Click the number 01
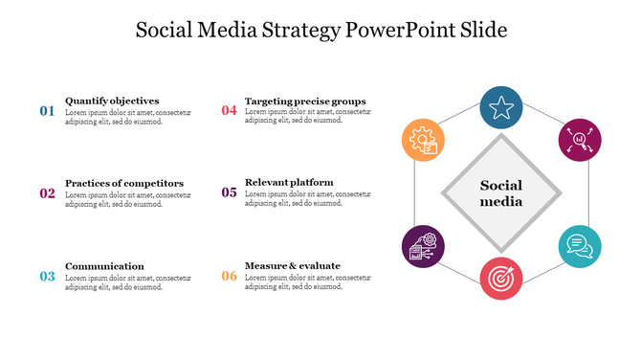click(47, 111)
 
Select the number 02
click(47, 193)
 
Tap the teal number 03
click(47, 277)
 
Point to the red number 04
click(229, 111)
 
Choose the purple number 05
click(229, 193)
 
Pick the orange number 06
click(229, 277)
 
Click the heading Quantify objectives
click(112, 101)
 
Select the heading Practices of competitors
click(124, 183)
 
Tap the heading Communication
click(104, 266)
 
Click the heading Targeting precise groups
click(305, 101)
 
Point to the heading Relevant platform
click(289, 183)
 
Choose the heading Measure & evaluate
click(293, 266)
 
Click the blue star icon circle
click(500, 108)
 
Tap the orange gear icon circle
click(422, 140)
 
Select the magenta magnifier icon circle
click(579, 140)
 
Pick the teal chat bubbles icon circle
click(579, 247)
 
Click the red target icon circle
click(500, 279)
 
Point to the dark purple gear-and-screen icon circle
click(422, 247)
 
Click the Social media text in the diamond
click(500, 193)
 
